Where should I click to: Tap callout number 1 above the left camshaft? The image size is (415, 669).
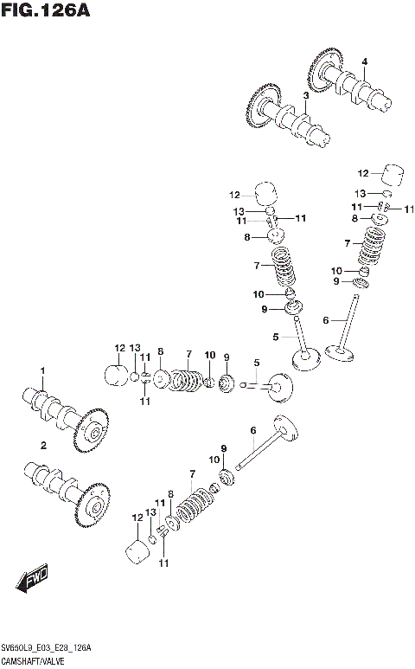click(41, 371)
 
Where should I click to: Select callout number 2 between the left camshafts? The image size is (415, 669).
click(41, 445)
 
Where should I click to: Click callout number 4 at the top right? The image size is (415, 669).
click(364, 61)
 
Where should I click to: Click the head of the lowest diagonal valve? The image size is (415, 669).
click(284, 428)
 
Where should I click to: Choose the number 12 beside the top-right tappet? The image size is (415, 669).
click(363, 172)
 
